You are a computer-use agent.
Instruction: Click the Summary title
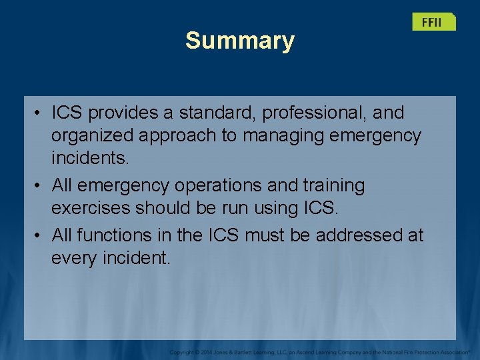click(x=239, y=41)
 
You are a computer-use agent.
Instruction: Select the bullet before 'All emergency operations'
click(x=39, y=185)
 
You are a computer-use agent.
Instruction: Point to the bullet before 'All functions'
click(x=39, y=235)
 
